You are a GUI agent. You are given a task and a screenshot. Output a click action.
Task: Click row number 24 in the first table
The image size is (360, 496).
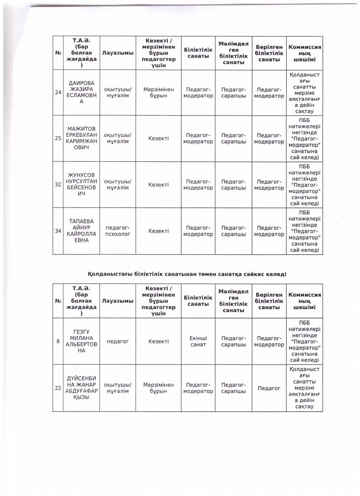[58, 93]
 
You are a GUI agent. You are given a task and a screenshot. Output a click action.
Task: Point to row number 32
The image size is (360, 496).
[58, 185]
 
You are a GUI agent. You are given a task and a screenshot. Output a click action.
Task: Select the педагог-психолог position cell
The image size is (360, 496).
[118, 231]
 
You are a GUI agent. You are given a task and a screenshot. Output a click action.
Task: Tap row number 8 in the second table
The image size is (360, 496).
[58, 341]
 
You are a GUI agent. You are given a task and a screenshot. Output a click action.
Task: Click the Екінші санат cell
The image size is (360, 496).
[198, 341]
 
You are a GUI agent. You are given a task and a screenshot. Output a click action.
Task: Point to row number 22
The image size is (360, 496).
[58, 388]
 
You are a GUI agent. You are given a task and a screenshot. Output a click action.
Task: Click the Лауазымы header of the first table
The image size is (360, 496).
[118, 53]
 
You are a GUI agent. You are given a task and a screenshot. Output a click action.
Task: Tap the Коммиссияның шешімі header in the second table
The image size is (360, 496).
[304, 300]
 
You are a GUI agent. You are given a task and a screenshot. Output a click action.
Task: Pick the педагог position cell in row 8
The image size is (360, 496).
[118, 341]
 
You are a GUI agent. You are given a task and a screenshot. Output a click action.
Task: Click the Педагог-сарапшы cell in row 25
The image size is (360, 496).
[234, 138]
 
